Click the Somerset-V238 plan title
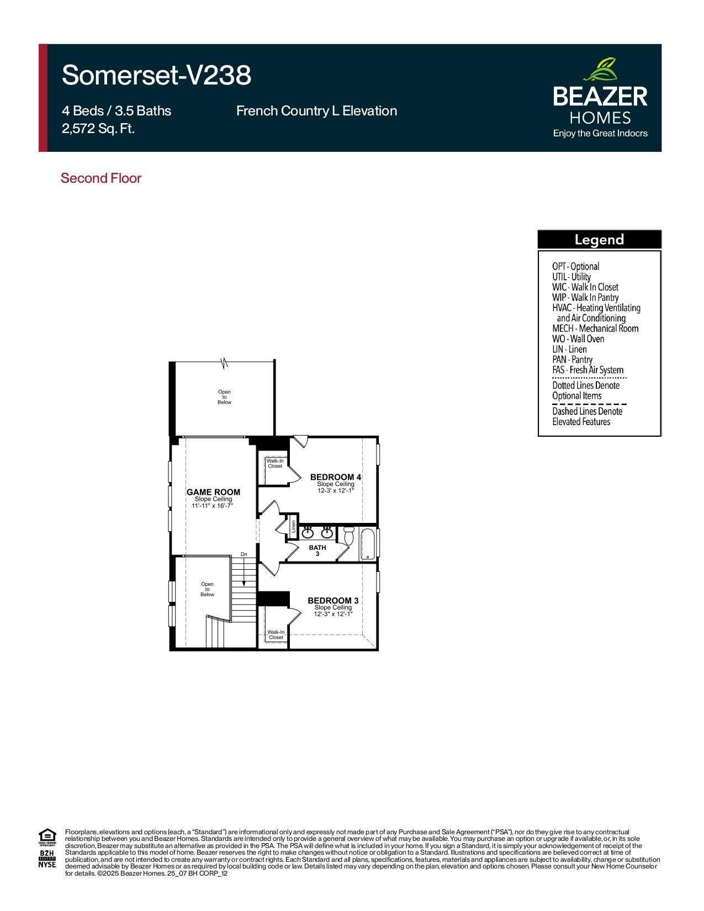point(156,76)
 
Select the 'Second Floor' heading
point(101,178)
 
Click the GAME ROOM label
point(213,492)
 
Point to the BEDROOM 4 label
point(336,477)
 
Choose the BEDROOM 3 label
point(333,601)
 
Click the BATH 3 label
point(317,550)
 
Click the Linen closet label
point(294,526)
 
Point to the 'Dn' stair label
point(244,554)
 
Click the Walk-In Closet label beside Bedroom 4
point(275,463)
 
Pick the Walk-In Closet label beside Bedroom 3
point(276,635)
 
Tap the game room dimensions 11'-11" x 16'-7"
point(212,506)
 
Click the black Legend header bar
point(599,240)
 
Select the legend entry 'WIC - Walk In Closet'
point(585,287)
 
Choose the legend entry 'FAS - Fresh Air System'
point(587,370)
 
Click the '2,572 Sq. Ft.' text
point(98,128)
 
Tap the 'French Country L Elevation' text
point(316,111)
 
